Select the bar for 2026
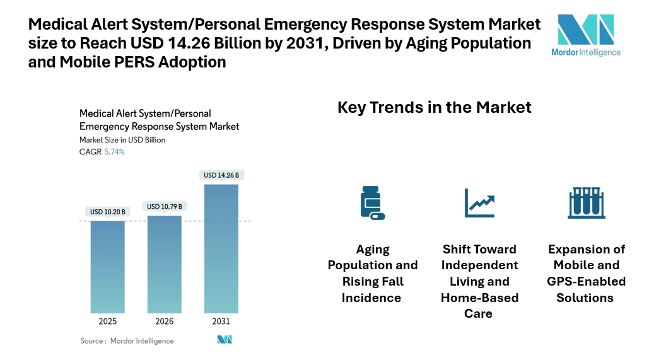[164, 264]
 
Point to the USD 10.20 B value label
[107, 211]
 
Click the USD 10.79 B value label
[164, 206]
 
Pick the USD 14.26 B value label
[221, 175]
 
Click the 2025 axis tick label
[107, 322]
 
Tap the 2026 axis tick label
[164, 322]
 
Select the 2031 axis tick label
[221, 322]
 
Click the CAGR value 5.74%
[114, 152]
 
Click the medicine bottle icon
[371, 202]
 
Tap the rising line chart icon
[479, 202]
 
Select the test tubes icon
[587, 202]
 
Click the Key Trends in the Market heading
[435, 107]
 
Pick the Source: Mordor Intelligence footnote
[127, 340]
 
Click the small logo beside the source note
[225, 340]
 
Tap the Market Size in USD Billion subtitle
[122, 140]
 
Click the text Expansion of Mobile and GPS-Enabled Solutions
[587, 273]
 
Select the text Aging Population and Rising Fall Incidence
[373, 273]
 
